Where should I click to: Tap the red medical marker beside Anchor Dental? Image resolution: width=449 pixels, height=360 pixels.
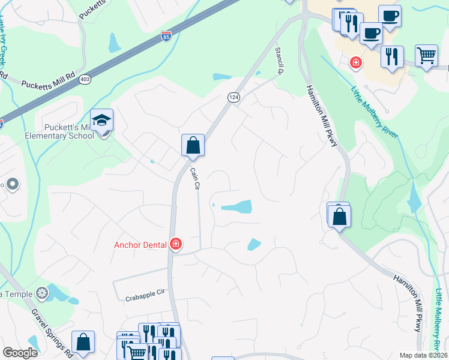176,244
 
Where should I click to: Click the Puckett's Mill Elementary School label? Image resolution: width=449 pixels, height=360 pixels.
69,131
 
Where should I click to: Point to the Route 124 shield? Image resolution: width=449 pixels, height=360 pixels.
234,97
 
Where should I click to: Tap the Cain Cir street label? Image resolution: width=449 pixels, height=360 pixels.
194,179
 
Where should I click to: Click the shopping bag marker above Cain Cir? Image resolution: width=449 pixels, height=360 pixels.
193,145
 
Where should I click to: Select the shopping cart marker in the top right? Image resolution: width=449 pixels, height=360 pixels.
426,56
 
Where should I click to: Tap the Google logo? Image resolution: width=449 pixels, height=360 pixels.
20,353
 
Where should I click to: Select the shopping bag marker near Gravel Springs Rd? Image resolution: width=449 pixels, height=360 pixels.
83,343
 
